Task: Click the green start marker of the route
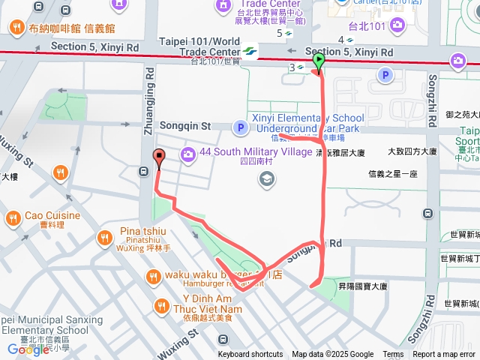pyautogui.click(x=318, y=62)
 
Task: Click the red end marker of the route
pyautogui.click(x=158, y=157)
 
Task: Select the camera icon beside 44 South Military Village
pyautogui.click(x=187, y=154)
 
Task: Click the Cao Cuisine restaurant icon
pyautogui.click(x=13, y=219)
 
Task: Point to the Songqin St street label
pyautogui.click(x=186, y=126)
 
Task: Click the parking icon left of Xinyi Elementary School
pyautogui.click(x=240, y=128)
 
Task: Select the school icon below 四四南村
pyautogui.click(x=266, y=178)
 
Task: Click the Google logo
pyautogui.click(x=28, y=349)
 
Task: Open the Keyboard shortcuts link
pyautogui.click(x=250, y=355)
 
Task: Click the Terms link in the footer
pyautogui.click(x=393, y=355)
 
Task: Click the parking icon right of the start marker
pyautogui.click(x=385, y=75)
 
